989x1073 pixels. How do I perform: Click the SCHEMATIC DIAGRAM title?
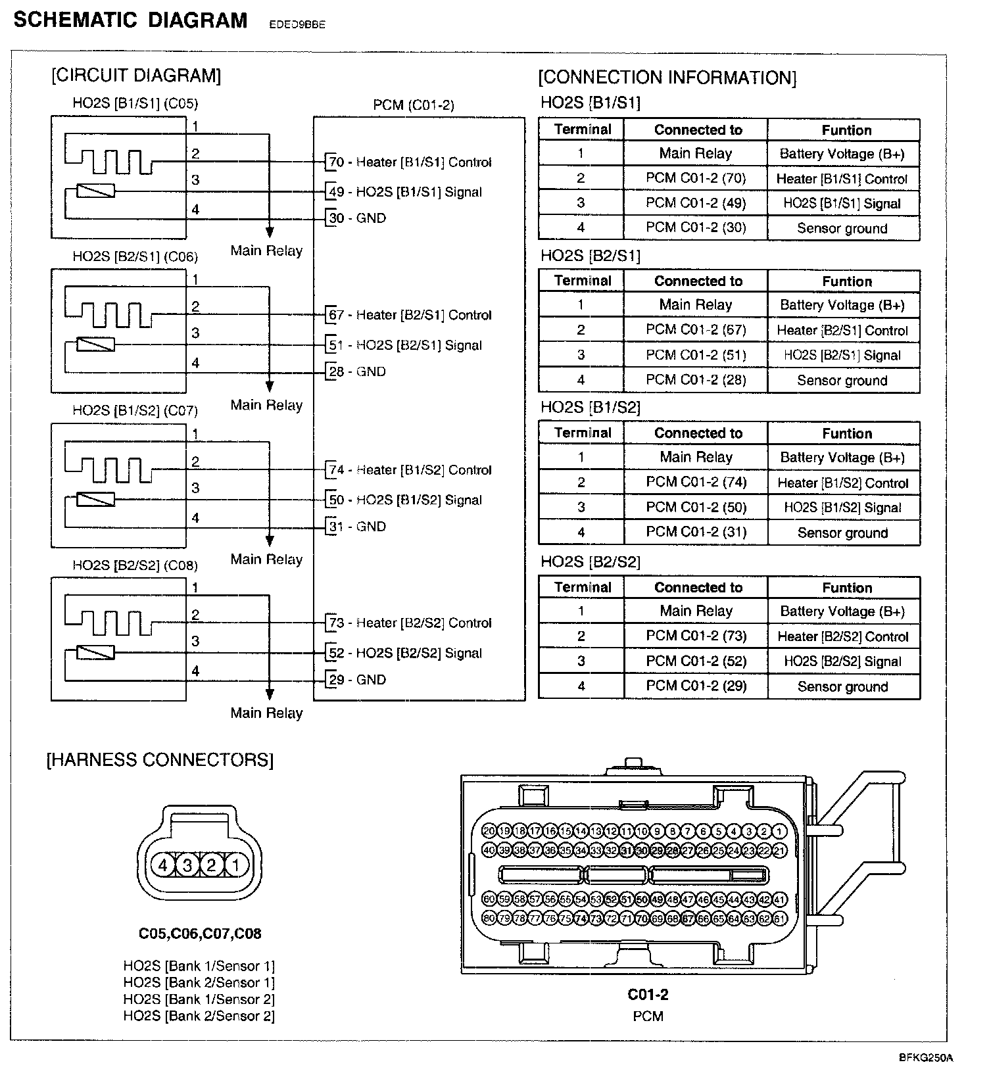(x=130, y=20)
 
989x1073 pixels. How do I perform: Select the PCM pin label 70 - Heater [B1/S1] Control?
(x=410, y=162)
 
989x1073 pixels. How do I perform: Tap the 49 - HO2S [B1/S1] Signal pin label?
(x=405, y=192)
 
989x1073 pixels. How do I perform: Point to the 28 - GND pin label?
(x=357, y=371)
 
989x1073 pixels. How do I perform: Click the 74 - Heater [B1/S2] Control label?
(x=410, y=470)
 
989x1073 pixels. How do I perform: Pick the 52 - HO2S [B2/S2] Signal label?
(x=405, y=653)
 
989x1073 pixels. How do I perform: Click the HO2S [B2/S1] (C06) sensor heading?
(x=135, y=256)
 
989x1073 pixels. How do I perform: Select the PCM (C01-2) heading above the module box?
(x=414, y=105)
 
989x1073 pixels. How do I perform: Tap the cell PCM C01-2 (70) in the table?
(x=696, y=178)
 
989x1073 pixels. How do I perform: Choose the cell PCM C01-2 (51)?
(x=696, y=355)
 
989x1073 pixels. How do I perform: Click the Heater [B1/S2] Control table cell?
(x=843, y=483)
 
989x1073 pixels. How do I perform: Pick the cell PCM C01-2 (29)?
(x=696, y=686)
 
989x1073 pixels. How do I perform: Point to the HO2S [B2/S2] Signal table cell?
(x=843, y=661)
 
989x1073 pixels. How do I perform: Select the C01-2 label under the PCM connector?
(x=648, y=995)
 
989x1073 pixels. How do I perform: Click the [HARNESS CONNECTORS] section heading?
(x=160, y=760)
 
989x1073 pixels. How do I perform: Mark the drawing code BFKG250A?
(x=926, y=1058)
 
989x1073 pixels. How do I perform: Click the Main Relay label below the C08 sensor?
(x=266, y=713)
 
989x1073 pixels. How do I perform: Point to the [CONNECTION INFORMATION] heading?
(x=667, y=78)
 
